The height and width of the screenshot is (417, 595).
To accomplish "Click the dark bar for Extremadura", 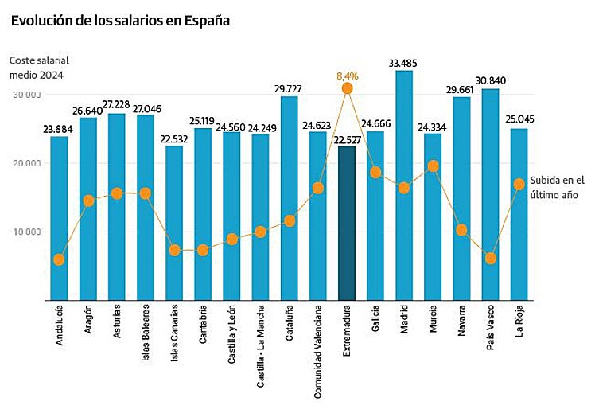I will [347, 223].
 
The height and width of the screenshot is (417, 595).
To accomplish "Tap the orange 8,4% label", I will [348, 76].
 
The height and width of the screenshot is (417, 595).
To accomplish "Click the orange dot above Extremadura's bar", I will [347, 88].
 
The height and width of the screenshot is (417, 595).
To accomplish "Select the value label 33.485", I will [404, 62].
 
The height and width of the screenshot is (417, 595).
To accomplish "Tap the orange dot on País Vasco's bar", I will [491, 259].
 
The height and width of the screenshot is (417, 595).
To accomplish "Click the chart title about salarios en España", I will [120, 21].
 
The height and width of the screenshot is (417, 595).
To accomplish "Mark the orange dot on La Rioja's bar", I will [519, 184].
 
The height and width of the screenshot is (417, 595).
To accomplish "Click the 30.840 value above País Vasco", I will [490, 80].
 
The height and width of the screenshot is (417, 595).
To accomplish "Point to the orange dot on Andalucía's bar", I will [60, 259].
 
